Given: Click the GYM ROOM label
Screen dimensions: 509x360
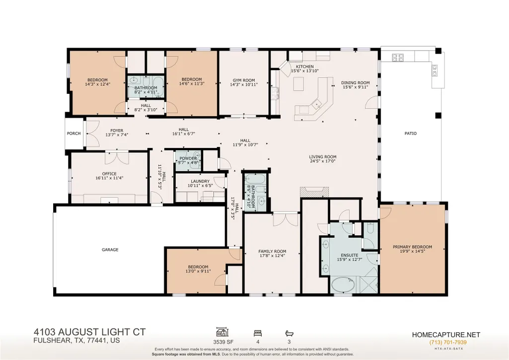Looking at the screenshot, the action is [244, 80].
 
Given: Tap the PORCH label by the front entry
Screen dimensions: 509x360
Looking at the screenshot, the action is [73, 134].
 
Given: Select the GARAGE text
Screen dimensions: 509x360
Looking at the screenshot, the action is [110, 250].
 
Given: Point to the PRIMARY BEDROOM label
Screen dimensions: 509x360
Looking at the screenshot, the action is [412, 247].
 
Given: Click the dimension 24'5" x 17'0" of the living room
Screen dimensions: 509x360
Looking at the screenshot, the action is [323, 161].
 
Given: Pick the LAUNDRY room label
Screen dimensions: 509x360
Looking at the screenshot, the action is [200, 181].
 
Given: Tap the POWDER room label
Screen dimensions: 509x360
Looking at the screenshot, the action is [188, 158].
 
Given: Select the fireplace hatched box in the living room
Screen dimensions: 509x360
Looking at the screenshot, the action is [314, 192].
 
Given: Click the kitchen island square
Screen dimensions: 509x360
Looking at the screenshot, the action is [299, 84].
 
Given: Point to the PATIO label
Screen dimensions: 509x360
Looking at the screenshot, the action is [411, 134].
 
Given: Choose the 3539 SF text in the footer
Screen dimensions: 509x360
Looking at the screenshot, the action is [223, 342].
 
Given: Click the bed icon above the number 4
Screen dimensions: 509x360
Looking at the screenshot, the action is [258, 333].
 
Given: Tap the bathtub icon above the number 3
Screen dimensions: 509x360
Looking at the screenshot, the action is [289, 333].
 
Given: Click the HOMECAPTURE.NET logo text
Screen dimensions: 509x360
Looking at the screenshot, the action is [446, 335].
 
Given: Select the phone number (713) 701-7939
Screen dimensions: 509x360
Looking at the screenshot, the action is [448, 343].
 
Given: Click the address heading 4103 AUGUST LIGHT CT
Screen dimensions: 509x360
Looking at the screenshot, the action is [90, 332].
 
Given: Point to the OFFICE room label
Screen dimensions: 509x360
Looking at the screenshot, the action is [109, 174].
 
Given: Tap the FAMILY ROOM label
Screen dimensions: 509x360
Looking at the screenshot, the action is [272, 251].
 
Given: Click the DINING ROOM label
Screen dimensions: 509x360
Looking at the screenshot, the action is [356, 83].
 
